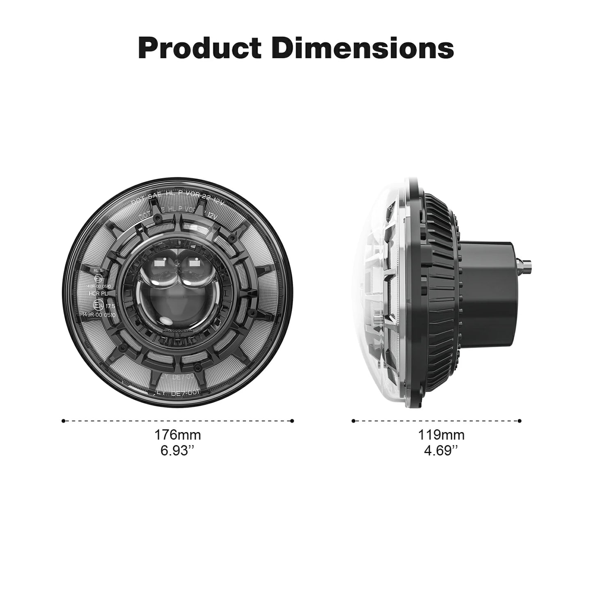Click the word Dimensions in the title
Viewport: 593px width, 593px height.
pos(363,48)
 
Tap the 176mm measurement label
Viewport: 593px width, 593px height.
pos(178,435)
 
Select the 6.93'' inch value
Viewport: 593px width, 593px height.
pos(177,451)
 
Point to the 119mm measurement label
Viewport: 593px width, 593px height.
pos(441,435)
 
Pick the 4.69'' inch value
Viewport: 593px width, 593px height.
pos(441,451)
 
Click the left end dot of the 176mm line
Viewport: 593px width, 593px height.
pos(63,421)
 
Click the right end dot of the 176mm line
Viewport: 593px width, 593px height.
pos(292,421)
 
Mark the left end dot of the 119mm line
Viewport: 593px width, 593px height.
pos(353,421)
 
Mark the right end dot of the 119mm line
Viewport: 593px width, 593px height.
pos(520,421)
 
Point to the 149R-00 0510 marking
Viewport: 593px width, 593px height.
pos(98,314)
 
